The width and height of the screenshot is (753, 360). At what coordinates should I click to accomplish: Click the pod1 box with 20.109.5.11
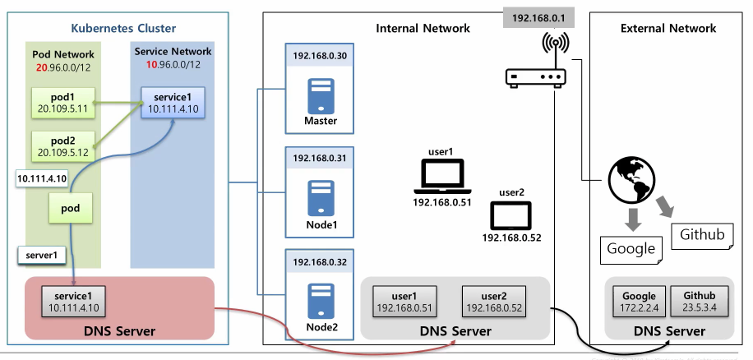click(x=62, y=101)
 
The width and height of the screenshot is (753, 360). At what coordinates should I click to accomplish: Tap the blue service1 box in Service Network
click(x=173, y=102)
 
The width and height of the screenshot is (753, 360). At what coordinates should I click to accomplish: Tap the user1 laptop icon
click(x=441, y=174)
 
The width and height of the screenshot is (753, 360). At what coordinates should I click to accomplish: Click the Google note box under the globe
click(x=631, y=247)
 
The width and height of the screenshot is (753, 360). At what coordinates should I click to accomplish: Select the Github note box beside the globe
click(x=702, y=236)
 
